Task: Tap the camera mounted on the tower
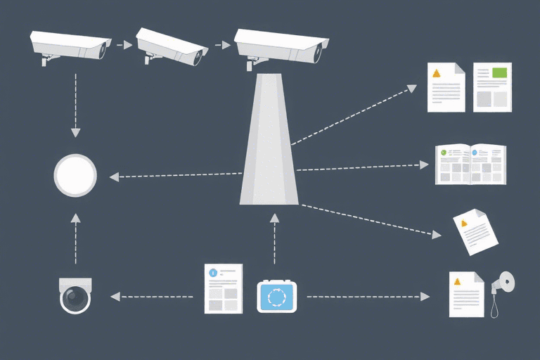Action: point(281,46)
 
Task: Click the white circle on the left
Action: point(75,175)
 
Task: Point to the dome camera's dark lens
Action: point(75,299)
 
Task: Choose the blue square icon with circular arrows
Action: point(277,297)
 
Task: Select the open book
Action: point(470,164)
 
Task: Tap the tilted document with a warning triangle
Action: point(475,231)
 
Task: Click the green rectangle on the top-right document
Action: point(500,72)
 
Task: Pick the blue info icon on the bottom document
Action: point(212,271)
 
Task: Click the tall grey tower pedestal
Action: point(269,141)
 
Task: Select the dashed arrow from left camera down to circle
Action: point(75,102)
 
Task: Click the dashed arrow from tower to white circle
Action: point(176,175)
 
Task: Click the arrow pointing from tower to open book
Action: point(362,167)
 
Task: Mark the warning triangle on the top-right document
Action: point(437,73)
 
